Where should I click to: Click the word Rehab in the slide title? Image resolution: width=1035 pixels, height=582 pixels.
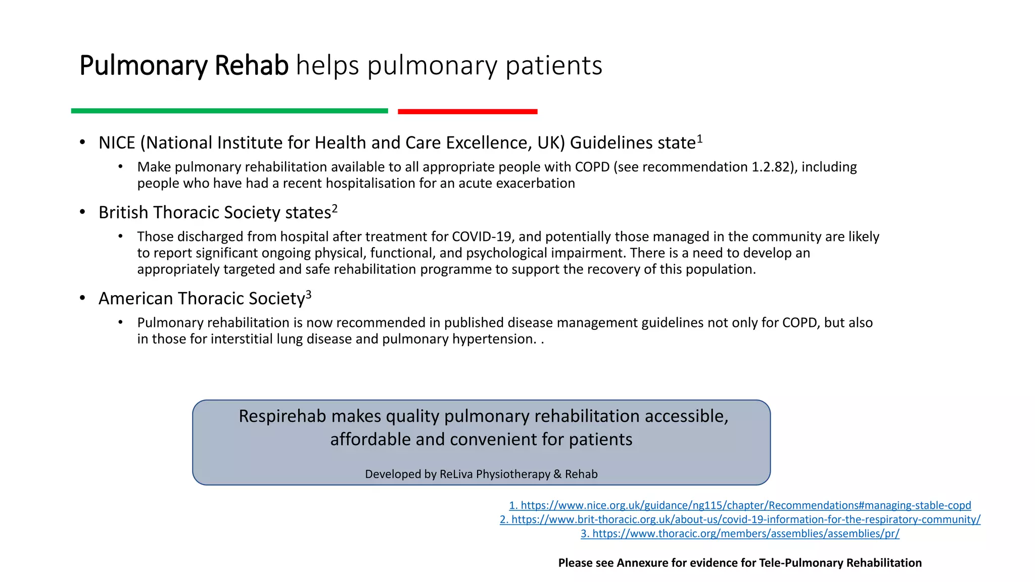coord(251,66)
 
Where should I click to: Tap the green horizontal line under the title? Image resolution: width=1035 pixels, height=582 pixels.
coord(229,111)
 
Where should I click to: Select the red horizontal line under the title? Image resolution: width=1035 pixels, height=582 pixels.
coord(467,111)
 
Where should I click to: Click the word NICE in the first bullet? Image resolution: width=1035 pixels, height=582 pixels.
coord(117,143)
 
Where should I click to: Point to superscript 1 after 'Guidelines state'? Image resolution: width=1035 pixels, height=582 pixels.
coord(700,138)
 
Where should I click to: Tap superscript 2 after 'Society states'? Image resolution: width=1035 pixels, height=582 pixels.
coord(335,208)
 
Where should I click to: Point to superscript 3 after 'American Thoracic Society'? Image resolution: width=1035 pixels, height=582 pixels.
coord(309,294)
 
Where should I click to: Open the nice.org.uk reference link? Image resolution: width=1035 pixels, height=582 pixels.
coord(740,505)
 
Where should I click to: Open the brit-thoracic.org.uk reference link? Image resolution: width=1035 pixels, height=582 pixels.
coord(740,519)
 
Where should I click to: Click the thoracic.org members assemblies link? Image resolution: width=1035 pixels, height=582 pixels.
coord(740,533)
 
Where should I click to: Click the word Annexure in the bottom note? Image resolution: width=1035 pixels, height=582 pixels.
coord(642,563)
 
